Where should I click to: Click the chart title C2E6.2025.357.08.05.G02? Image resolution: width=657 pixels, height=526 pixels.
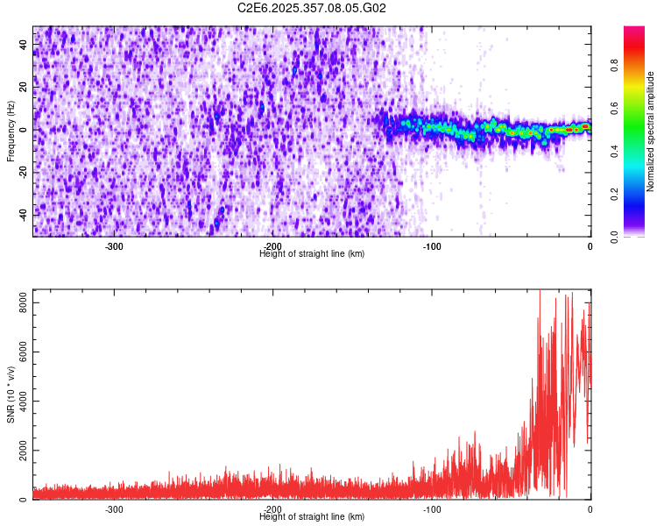tap(312, 8)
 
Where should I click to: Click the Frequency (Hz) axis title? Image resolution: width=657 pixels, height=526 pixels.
tap(11, 131)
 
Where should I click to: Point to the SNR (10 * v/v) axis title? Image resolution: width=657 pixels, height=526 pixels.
tap(11, 394)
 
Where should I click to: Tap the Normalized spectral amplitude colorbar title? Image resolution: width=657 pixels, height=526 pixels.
tap(651, 131)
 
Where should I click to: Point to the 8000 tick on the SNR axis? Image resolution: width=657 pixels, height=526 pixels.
tap(18, 302)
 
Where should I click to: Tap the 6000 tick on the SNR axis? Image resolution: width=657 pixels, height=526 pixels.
tap(18, 352)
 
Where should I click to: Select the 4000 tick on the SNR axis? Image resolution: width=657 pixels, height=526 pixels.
tap(18, 401)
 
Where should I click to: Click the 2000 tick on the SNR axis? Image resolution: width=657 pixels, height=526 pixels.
tap(18, 451)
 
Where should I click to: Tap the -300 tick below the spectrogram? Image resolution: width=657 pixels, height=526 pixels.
tap(114, 246)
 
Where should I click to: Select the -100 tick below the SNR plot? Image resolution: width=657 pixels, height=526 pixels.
tap(431, 509)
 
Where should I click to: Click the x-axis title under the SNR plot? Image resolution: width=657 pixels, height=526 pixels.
tap(312, 517)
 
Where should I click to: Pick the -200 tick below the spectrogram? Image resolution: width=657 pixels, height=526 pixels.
tap(272, 246)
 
